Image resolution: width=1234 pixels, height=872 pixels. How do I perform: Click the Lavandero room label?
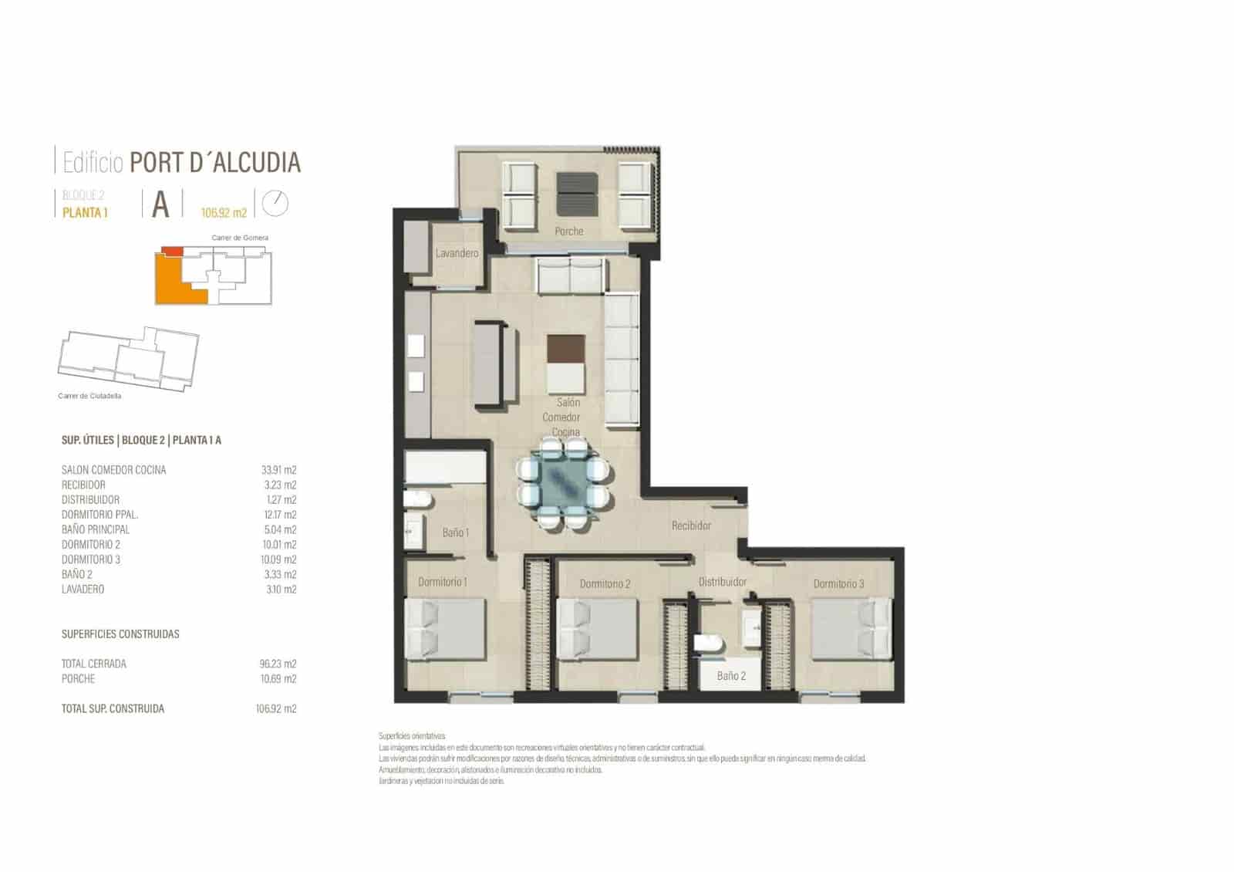[x=457, y=253]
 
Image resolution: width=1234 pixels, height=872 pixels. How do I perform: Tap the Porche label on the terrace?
[x=569, y=231]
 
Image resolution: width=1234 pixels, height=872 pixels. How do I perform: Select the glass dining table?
[x=565, y=485]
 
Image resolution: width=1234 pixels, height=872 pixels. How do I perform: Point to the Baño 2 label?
[x=731, y=676]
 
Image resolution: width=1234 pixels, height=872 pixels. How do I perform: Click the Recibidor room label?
[x=691, y=526]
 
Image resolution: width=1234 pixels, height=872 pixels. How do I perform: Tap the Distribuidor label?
[x=723, y=582]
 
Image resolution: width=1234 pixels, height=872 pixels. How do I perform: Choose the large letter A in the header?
[x=160, y=204]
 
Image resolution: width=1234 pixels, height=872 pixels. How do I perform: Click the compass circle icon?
[x=275, y=203]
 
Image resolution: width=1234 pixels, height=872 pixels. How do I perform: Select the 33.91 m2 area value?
[x=278, y=470]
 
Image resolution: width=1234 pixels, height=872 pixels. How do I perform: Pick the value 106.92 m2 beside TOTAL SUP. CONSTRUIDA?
[x=275, y=708]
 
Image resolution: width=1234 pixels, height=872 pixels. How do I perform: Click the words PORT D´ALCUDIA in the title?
[x=215, y=163]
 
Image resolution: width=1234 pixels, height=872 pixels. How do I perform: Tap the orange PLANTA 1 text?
[x=85, y=213]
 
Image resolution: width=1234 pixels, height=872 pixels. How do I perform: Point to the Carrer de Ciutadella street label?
[x=89, y=396]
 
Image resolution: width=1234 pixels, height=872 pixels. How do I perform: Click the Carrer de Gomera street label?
[x=240, y=238]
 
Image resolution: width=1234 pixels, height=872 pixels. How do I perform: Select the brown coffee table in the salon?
[x=566, y=349]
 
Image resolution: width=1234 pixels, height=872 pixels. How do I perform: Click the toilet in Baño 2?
[x=706, y=643]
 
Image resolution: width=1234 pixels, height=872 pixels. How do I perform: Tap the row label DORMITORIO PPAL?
[x=99, y=515]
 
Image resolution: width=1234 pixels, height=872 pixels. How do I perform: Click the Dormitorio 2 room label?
[x=605, y=584]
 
